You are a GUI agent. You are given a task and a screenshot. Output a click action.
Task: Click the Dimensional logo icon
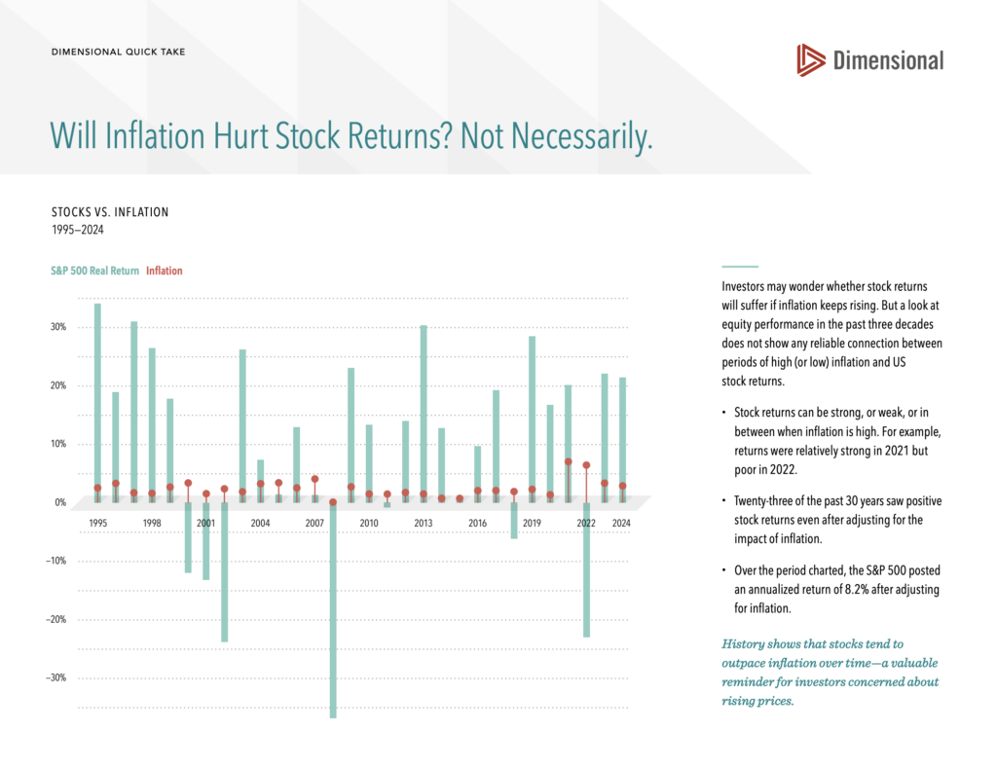[810, 60]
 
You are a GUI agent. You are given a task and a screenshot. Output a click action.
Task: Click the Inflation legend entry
[164, 271]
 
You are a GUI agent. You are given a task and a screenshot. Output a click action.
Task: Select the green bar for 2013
[424, 409]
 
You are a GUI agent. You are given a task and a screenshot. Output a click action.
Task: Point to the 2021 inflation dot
[569, 461]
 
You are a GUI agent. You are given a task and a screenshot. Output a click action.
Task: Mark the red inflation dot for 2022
[586, 465]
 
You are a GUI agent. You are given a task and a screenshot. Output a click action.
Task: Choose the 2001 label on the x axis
[205, 523]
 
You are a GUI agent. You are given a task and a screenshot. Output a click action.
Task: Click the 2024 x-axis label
[621, 523]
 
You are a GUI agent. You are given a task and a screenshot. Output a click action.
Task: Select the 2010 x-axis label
[369, 523]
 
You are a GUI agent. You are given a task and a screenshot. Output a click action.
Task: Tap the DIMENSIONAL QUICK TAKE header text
[118, 52]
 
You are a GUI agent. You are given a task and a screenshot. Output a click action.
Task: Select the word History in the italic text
[744, 643]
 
